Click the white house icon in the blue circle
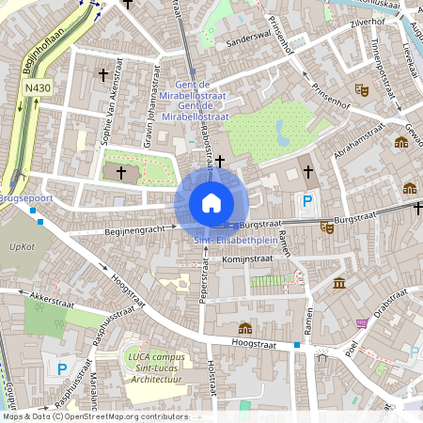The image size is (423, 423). pyautogui.click(x=211, y=203)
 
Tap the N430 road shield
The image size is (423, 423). pyautogui.click(x=38, y=89)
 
